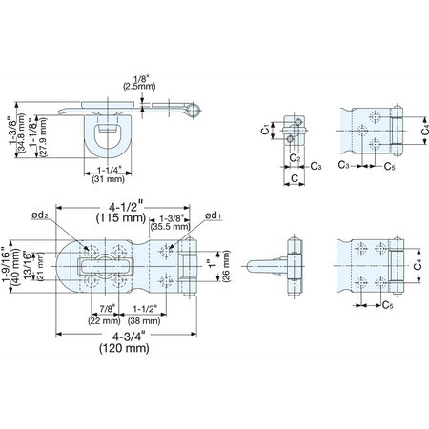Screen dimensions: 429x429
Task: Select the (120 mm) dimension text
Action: coord(124,348)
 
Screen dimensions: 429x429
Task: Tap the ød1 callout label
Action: coord(214,215)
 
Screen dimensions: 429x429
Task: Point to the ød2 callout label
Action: coord(39,215)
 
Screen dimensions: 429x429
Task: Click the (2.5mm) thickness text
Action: coord(139,86)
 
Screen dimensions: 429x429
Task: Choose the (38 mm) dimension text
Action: coord(144,320)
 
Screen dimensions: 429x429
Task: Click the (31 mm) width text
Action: coord(108,179)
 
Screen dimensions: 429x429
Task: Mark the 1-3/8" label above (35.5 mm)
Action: coord(172,218)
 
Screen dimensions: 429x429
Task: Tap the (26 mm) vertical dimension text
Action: coord(226,266)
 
